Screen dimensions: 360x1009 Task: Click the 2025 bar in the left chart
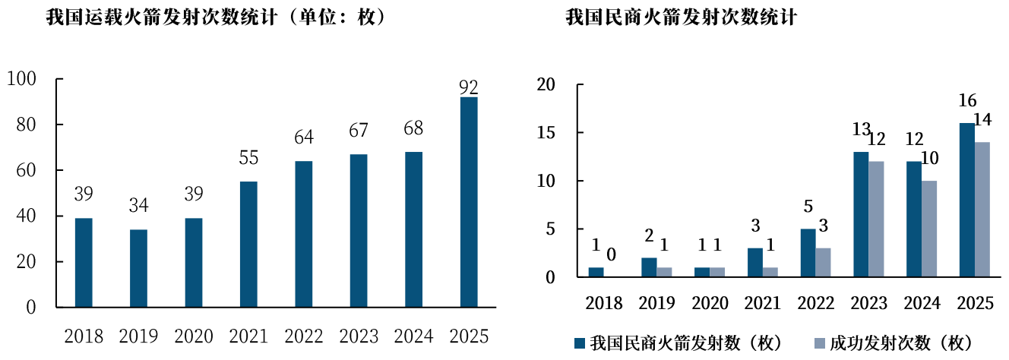(469, 202)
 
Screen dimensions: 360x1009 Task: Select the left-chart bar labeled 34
(138, 268)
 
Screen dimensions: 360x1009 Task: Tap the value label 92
(469, 87)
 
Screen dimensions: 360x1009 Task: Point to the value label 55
(248, 158)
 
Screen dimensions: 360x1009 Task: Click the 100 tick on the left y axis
(21, 79)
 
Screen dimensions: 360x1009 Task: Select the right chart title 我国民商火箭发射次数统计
(681, 17)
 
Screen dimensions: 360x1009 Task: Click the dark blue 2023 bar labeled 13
(861, 214)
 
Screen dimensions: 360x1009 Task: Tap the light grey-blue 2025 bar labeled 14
(983, 210)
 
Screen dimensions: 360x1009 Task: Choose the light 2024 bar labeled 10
(930, 229)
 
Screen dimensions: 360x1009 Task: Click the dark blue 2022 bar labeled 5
(808, 253)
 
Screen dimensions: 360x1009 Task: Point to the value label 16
(967, 101)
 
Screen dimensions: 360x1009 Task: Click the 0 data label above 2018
(611, 254)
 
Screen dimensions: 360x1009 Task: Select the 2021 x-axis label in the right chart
(763, 304)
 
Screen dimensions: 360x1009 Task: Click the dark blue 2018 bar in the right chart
(596, 272)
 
